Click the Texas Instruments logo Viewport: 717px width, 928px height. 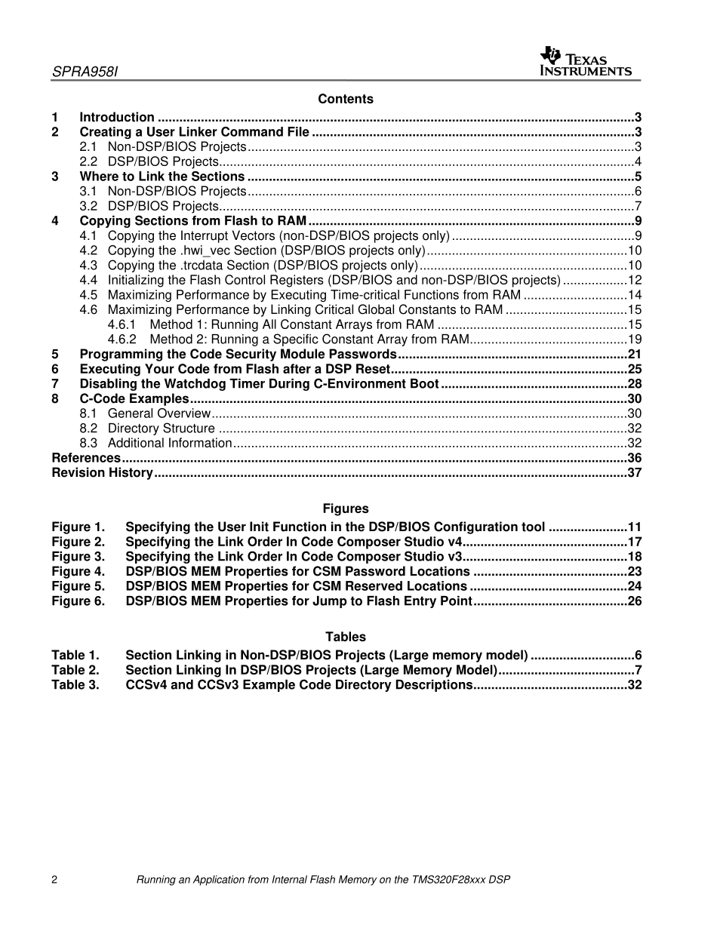(x=586, y=62)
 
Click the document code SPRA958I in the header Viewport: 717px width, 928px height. (x=85, y=72)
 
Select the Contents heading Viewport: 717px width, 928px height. (x=345, y=99)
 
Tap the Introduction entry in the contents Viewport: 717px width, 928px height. (x=117, y=117)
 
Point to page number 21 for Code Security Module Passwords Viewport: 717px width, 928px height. (x=634, y=354)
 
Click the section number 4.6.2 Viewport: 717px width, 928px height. (x=122, y=340)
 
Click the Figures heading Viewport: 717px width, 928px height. (x=345, y=509)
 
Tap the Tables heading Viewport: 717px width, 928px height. (x=345, y=638)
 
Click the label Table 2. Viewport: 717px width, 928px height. (x=75, y=670)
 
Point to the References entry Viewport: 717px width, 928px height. (x=85, y=458)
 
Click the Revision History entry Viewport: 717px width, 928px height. (x=102, y=473)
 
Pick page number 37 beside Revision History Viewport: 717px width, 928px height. (x=634, y=473)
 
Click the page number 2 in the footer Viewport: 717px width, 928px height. (x=54, y=880)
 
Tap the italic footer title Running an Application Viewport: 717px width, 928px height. (x=322, y=880)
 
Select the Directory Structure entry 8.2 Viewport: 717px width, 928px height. (x=161, y=429)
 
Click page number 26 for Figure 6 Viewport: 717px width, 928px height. (x=634, y=601)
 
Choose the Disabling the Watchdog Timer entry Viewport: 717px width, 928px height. (x=259, y=384)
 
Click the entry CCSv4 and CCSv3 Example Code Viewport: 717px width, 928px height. (x=298, y=685)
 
